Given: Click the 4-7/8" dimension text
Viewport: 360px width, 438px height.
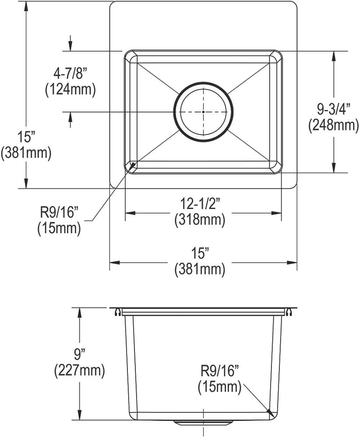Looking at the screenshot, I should coord(70,73).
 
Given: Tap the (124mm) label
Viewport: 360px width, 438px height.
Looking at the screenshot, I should coord(70,89).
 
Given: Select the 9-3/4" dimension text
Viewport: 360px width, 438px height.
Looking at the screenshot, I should coord(334,108).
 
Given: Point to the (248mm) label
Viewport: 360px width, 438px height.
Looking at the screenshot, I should coord(334,125).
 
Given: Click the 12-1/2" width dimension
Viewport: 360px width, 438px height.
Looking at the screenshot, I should coord(200,204).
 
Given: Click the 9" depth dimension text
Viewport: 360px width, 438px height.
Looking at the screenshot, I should coord(79,353).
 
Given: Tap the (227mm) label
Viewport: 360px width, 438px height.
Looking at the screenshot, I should coord(79,371).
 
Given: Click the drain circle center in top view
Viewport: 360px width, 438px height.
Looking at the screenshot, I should coord(204,112).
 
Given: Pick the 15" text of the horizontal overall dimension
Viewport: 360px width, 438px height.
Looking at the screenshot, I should coord(200,253).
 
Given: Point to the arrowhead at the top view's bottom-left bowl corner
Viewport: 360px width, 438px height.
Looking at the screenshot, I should coord(132,165).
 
